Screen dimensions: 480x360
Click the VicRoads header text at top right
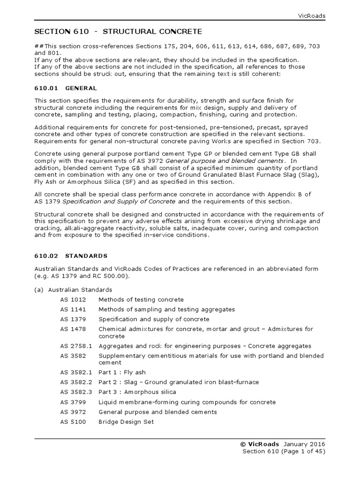tap(312, 15)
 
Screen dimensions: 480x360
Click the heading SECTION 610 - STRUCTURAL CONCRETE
tap(118, 32)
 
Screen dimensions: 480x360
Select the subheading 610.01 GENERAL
tap(66, 88)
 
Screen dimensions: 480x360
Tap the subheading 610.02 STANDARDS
tap(71, 256)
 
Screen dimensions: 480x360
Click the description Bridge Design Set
tap(126, 422)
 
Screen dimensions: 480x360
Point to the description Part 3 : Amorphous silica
tap(137, 392)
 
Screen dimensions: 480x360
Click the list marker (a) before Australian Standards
tap(39, 290)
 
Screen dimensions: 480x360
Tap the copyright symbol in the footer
tap(242, 444)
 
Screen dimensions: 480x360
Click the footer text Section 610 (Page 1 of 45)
tap(283, 452)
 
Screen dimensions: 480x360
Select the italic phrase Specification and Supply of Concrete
tap(119, 202)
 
